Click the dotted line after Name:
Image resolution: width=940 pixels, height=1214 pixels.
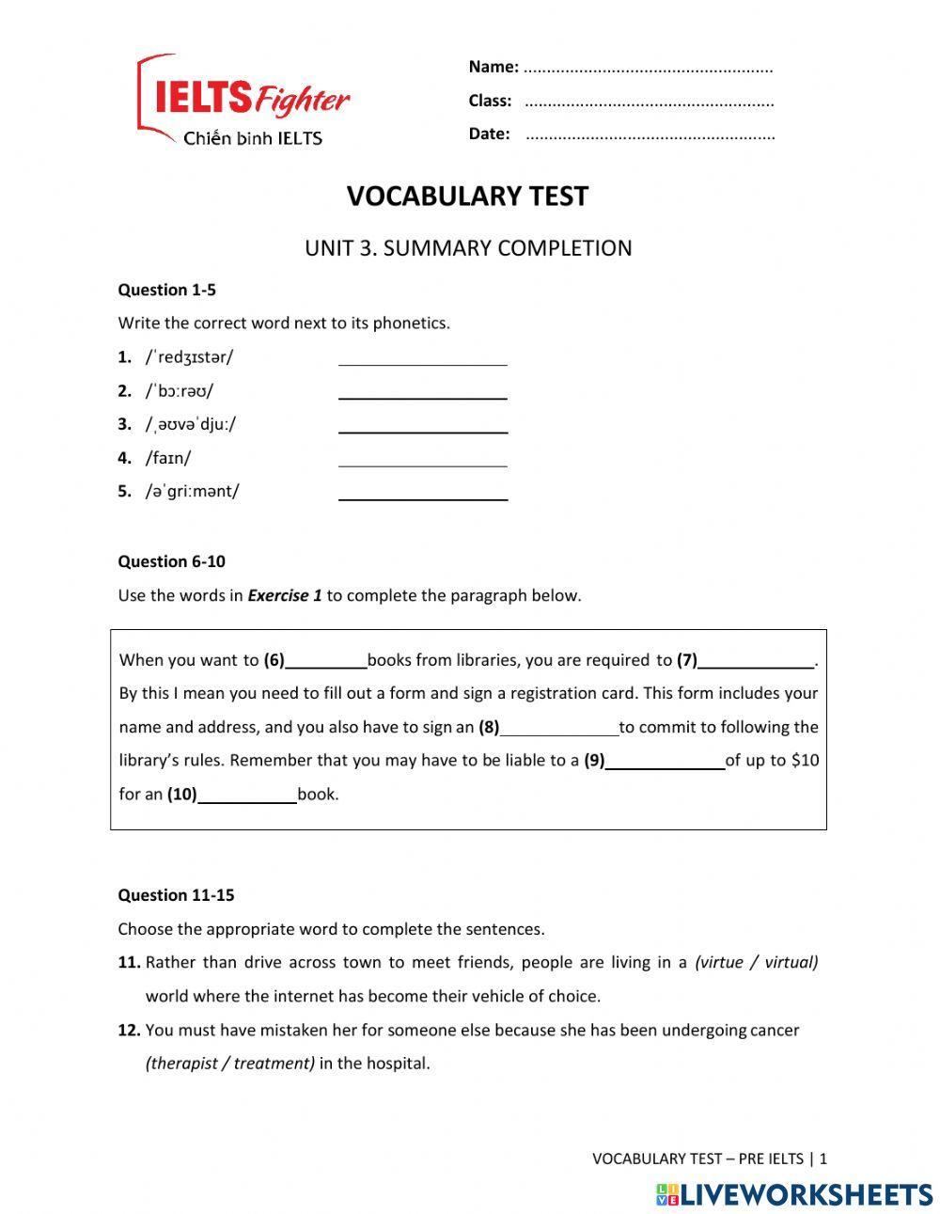coord(648,68)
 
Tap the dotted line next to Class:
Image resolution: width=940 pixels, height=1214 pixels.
coord(649,102)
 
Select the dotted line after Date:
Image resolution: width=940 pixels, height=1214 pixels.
coord(650,134)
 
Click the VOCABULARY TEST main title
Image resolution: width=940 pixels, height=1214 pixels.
coord(467,197)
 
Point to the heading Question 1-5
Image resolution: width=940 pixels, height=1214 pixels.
coord(166,290)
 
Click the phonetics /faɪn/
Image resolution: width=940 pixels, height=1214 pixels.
coord(168,458)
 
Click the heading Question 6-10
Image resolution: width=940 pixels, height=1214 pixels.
coord(171,561)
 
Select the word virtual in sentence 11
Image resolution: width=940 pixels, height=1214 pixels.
coord(790,962)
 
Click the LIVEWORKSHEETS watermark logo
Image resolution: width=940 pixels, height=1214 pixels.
coord(794,1194)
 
